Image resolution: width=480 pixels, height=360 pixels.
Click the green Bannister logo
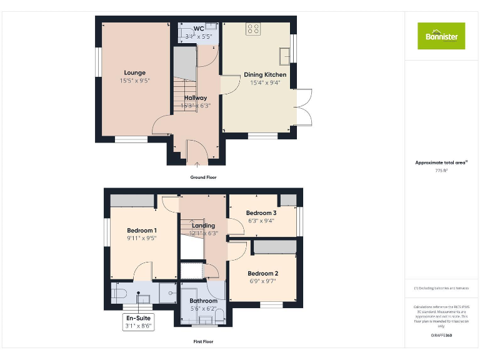click(x=441, y=36)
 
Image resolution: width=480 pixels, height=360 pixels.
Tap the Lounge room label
click(x=134, y=73)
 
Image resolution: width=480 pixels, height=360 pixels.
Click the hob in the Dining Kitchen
click(x=253, y=28)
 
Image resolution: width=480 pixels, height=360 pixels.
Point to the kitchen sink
click(x=285, y=55)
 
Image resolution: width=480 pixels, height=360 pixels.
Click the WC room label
click(x=198, y=29)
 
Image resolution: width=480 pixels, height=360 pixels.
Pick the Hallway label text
click(x=196, y=97)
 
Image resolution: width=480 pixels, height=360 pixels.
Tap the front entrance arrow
click(x=197, y=164)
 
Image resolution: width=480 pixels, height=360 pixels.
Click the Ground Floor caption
click(x=203, y=177)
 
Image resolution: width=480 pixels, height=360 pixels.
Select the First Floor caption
click(x=203, y=342)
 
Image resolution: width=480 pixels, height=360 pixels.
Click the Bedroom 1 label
click(x=141, y=230)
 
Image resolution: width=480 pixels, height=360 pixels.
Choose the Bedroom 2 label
click(x=262, y=273)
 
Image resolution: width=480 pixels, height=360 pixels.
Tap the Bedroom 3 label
click(x=261, y=213)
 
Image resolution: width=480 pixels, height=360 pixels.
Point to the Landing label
click(x=204, y=226)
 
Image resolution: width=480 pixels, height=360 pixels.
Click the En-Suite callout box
click(x=137, y=321)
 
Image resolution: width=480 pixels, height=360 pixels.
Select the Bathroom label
click(x=204, y=301)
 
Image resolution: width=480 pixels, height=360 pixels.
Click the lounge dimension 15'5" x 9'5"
click(x=135, y=81)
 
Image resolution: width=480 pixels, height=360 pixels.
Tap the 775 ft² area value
click(x=441, y=170)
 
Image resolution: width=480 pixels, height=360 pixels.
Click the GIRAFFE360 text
click(x=441, y=336)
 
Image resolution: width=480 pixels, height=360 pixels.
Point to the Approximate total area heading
click(x=441, y=162)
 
